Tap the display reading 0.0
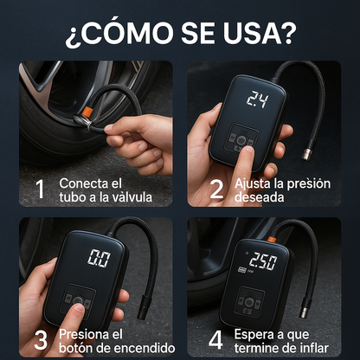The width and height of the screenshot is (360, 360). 99,258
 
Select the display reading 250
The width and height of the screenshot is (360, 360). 263,261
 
